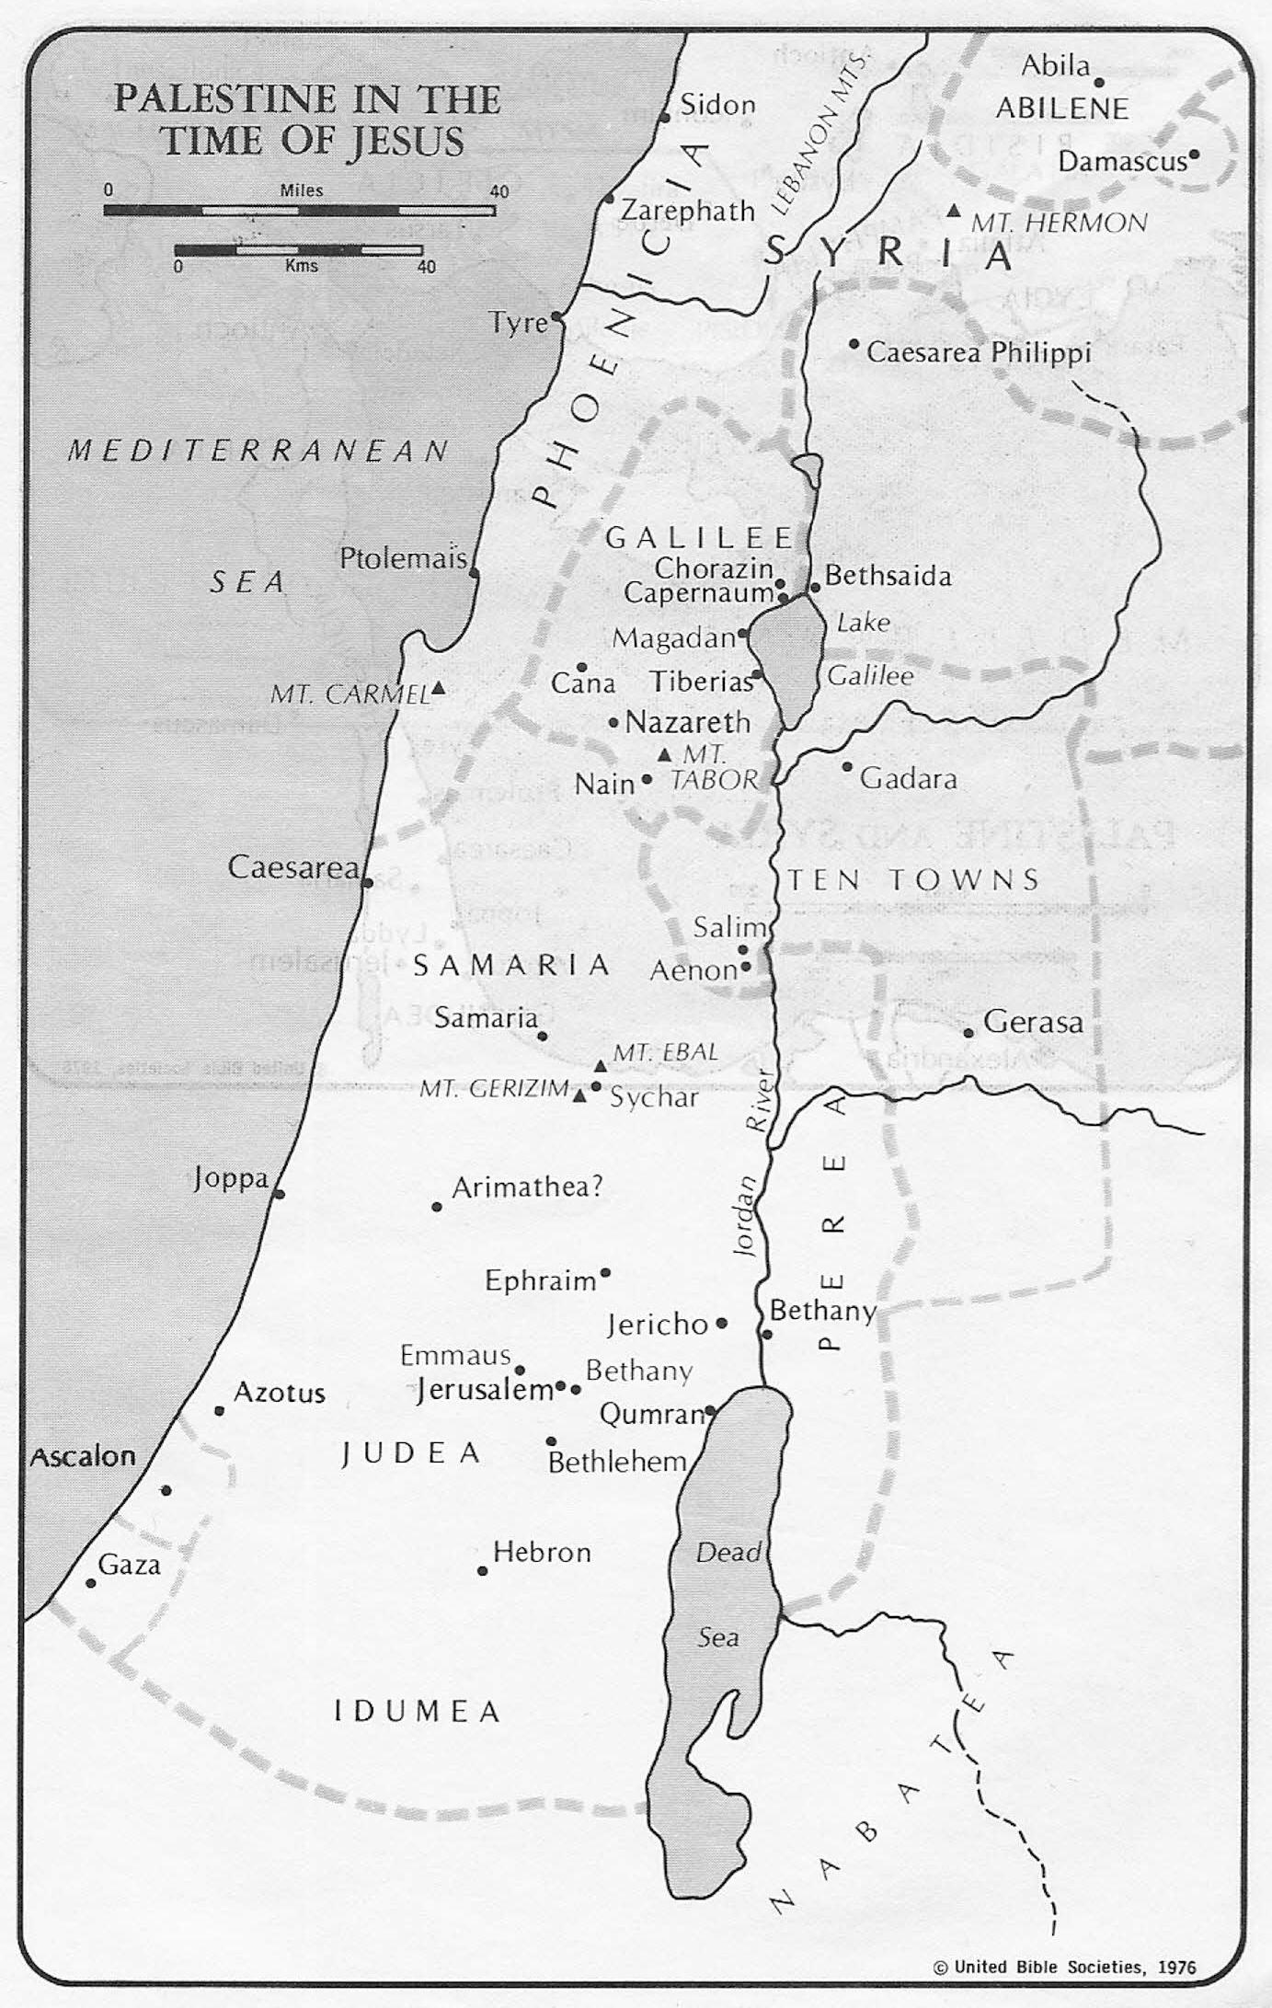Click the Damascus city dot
click(x=1194, y=155)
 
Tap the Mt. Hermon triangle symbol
click(x=954, y=212)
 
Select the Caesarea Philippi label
click(x=979, y=352)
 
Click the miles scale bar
click(x=299, y=211)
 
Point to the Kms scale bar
click(x=299, y=250)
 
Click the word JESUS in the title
click(x=405, y=142)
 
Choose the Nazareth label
click(x=688, y=722)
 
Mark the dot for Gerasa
click(x=968, y=1033)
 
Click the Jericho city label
click(x=658, y=1325)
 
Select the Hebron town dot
click(x=482, y=1571)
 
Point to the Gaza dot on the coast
click(x=91, y=1583)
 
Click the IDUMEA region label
click(x=417, y=1712)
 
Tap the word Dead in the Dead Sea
click(x=728, y=1553)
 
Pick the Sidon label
click(x=717, y=105)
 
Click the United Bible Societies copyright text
click(x=1064, y=1968)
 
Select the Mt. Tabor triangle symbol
click(x=665, y=755)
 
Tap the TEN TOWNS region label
click(x=913, y=879)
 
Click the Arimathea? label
click(x=527, y=1187)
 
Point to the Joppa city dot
click(x=279, y=1194)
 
